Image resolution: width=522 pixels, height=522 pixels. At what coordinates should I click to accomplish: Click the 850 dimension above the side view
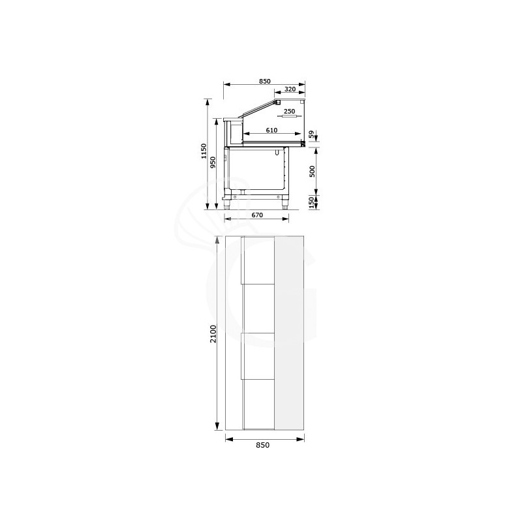[264, 81]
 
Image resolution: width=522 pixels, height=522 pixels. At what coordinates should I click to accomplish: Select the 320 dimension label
[290, 91]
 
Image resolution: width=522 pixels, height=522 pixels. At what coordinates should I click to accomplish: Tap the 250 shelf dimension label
[290, 112]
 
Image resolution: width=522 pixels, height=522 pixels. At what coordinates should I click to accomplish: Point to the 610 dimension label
[272, 130]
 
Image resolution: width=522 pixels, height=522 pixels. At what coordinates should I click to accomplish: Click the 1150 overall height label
[204, 151]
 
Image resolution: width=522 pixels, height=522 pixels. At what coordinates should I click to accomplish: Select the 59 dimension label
[312, 135]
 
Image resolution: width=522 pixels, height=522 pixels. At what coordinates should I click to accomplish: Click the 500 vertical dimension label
[312, 171]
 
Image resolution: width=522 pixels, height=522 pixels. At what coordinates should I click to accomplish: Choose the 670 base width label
[256, 215]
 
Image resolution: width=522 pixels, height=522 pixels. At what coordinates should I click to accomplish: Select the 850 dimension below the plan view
[262, 446]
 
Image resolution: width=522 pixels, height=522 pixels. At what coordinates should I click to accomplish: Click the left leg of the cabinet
[228, 202]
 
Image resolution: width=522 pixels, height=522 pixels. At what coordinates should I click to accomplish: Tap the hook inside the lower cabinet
[277, 153]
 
